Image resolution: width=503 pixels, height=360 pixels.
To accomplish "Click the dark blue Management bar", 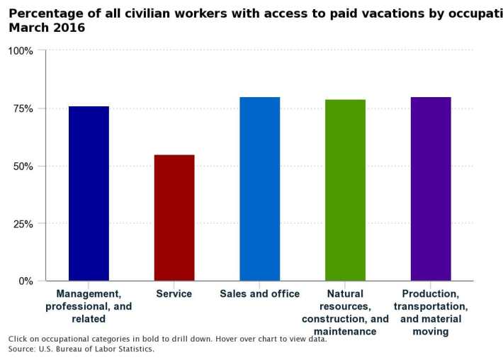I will (89, 193).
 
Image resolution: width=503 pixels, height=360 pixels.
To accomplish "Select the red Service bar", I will (174, 217).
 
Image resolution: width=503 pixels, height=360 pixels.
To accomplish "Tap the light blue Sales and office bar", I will (259, 189).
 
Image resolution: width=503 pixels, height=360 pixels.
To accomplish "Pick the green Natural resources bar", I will (345, 190).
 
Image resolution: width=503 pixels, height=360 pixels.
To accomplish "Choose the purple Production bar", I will (431, 189).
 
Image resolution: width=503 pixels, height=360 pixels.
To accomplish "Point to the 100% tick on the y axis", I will (21, 51).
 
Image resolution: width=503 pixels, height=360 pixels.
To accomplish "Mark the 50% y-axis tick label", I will (22, 167).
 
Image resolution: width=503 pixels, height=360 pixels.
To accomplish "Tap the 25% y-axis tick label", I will (22, 224).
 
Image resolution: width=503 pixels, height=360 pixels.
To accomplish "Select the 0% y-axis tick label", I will (25, 281).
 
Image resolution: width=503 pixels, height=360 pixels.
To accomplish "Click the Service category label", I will (174, 294).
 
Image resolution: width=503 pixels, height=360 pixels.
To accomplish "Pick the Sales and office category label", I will (259, 294).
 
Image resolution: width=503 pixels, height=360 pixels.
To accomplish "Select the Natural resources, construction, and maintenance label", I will (345, 313).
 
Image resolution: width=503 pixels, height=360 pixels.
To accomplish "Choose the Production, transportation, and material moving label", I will (431, 313).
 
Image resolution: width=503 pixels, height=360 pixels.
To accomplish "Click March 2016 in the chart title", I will (47, 28).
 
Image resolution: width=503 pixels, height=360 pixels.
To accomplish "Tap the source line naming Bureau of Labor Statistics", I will (81, 349).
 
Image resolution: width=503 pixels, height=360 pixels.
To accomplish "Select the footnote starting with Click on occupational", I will (167, 339).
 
